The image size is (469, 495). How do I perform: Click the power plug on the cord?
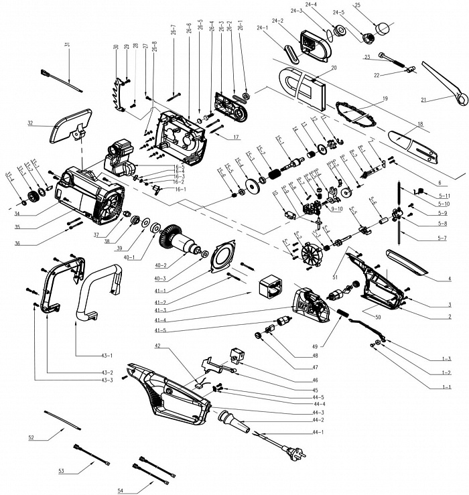295,447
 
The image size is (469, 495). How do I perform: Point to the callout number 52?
31,437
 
